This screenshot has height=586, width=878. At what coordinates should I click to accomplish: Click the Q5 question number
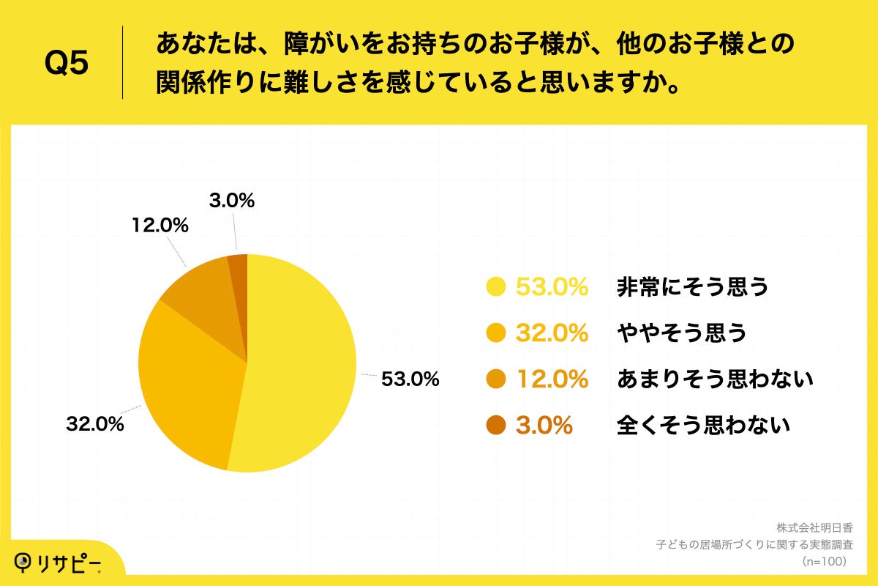coord(67,64)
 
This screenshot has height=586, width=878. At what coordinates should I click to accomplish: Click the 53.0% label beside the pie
coord(409,379)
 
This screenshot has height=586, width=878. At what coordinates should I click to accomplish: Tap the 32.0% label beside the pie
coord(94,424)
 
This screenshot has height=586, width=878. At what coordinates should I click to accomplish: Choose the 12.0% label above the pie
coord(160,226)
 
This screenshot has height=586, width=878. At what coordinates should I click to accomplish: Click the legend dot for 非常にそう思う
coord(497,287)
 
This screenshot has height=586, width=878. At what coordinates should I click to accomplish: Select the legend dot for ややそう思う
coord(497,333)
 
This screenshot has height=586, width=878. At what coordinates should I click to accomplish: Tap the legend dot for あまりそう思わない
coord(497,379)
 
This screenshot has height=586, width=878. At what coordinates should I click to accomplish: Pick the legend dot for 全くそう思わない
coord(497,425)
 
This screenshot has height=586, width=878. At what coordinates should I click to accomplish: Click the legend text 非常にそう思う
coord(693,287)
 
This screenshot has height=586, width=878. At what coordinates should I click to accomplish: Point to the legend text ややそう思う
coord(681,333)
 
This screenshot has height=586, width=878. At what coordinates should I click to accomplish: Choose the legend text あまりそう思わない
coord(715,379)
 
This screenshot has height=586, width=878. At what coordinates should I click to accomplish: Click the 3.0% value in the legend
coord(544,425)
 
